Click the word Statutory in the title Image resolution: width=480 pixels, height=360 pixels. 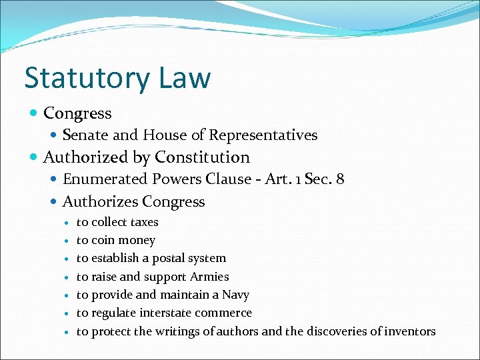[86, 77]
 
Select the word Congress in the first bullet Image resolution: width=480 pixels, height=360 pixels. [77, 113]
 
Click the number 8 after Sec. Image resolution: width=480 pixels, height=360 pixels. [340, 179]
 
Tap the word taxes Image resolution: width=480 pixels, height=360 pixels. [143, 222]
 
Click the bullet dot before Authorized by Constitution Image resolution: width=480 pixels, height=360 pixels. [35, 158]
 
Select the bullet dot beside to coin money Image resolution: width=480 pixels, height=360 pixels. [67, 241]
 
